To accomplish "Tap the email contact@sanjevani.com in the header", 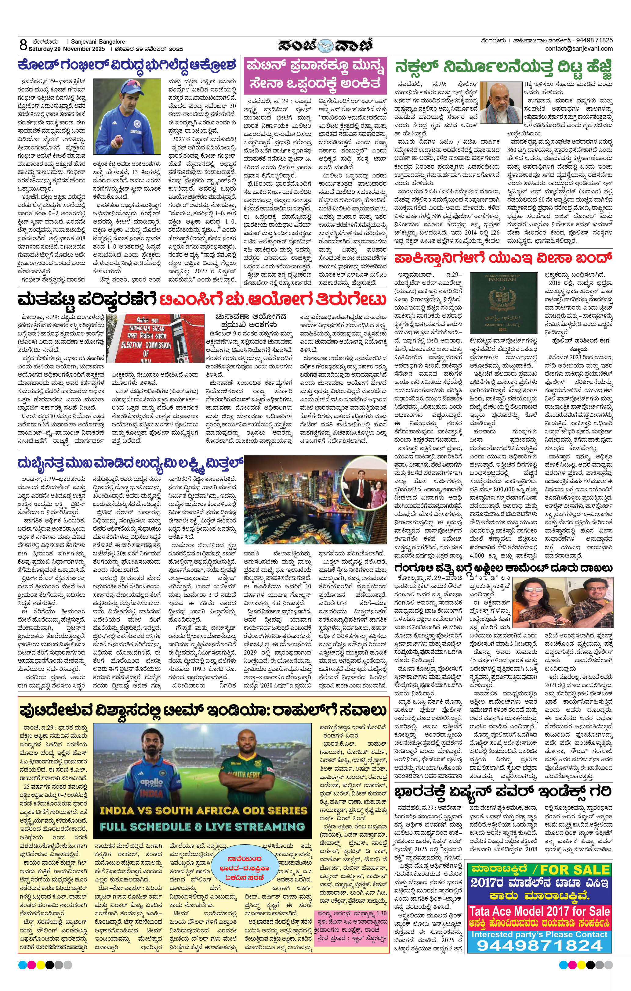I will [579, 48].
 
